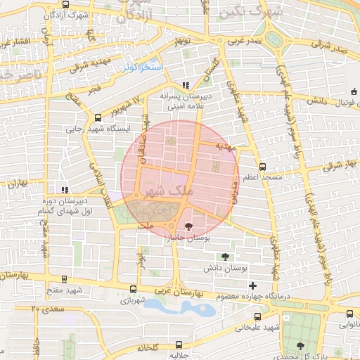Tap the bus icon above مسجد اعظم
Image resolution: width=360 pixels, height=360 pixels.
click(262, 167)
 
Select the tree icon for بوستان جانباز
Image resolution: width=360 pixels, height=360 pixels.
click(188, 226)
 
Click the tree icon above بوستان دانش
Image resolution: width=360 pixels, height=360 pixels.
click(224, 257)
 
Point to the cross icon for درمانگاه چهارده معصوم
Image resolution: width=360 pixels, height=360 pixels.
click(252, 285)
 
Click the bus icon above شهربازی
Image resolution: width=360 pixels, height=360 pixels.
click(134, 289)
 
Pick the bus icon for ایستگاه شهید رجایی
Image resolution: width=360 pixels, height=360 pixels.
click(97, 118)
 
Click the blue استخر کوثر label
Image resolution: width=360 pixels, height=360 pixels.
click(143, 67)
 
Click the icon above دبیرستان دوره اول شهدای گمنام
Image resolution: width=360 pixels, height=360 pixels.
click(65, 190)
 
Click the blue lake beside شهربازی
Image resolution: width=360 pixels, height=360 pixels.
click(180, 307)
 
